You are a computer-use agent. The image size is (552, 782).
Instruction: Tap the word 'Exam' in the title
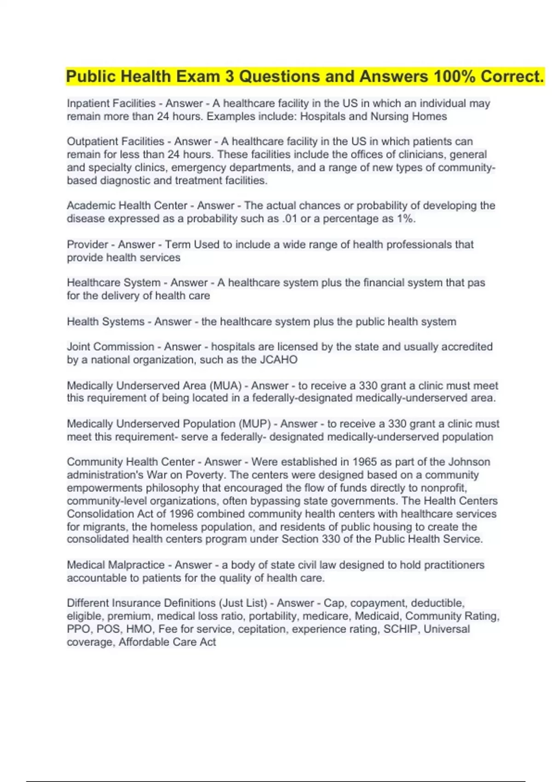coord(198,76)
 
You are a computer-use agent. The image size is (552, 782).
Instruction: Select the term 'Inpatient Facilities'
coord(111,103)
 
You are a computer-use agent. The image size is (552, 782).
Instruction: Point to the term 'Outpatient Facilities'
coord(115,142)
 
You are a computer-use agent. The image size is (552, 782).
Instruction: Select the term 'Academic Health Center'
coord(127,206)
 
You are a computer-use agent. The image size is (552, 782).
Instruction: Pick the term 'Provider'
coord(87,244)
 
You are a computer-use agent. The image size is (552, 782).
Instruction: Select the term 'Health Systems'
coord(105,322)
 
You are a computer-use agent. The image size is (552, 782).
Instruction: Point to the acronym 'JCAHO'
coord(279,359)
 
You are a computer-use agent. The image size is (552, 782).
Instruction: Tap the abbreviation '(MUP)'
coord(255,424)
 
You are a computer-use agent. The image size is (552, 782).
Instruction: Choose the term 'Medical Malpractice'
coord(115,565)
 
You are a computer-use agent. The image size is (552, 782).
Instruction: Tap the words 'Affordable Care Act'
coord(167,642)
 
